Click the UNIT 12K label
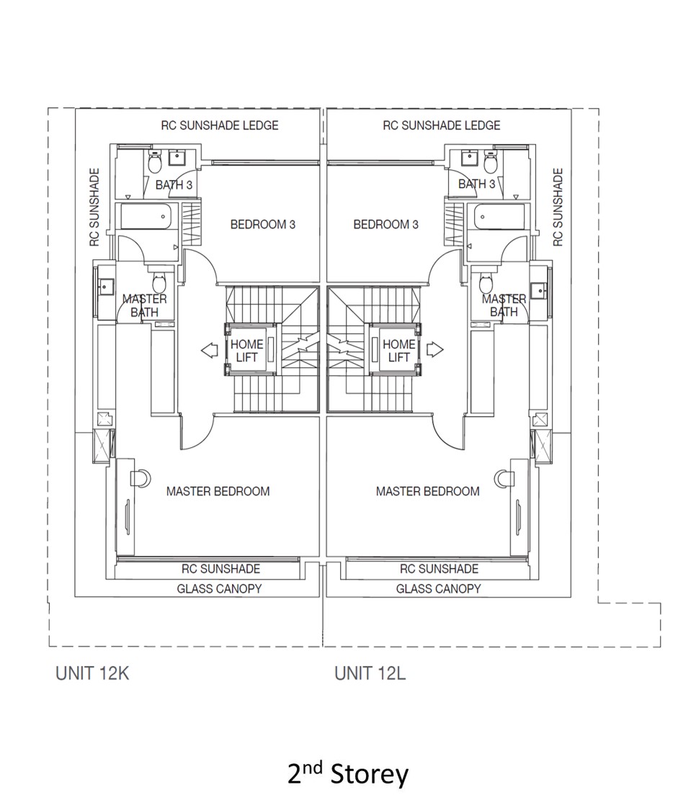point(92,674)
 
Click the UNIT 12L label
point(370,674)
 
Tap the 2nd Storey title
point(348,775)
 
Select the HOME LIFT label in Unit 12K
point(246,351)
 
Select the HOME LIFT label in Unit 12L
point(399,351)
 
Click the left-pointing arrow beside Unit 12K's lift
point(210,351)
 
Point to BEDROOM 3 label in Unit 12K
point(262,225)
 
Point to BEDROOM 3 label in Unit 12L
point(385,225)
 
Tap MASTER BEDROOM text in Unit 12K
point(218,491)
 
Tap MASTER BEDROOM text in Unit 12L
point(427,491)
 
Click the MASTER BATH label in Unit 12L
point(504,305)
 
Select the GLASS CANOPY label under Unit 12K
point(219,588)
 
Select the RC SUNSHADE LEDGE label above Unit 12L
point(441,125)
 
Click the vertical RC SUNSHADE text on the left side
point(94,207)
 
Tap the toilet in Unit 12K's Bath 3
point(153,164)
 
